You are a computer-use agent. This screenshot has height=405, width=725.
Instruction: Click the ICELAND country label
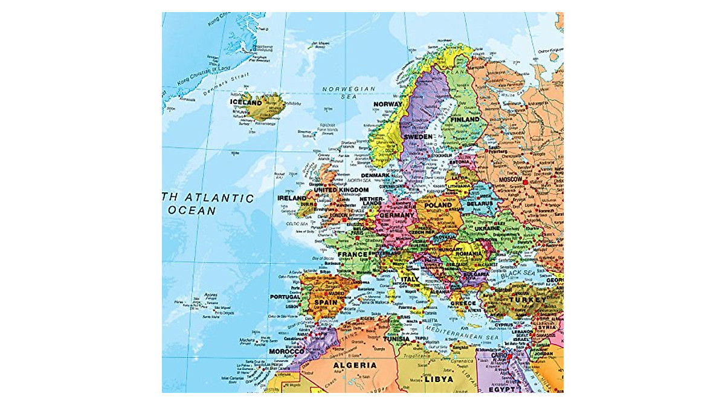(246, 103)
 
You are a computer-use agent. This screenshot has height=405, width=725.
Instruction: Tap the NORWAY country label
(387, 105)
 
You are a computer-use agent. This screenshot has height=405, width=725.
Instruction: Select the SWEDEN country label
(418, 137)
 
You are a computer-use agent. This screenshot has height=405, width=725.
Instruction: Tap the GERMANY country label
(397, 215)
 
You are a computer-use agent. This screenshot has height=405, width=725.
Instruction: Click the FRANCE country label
(352, 254)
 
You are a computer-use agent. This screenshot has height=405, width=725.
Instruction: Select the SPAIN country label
(326, 302)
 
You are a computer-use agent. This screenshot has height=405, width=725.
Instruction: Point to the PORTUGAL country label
(285, 297)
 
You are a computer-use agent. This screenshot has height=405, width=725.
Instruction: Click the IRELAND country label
(292, 198)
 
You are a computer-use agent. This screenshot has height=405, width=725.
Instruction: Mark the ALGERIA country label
(355, 365)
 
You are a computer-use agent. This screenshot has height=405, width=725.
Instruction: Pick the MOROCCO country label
(286, 352)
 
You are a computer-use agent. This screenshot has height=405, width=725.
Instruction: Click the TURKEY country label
(522, 300)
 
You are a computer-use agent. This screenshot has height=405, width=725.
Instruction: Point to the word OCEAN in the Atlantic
(192, 211)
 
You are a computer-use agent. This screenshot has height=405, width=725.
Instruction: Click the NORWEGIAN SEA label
(349, 92)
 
